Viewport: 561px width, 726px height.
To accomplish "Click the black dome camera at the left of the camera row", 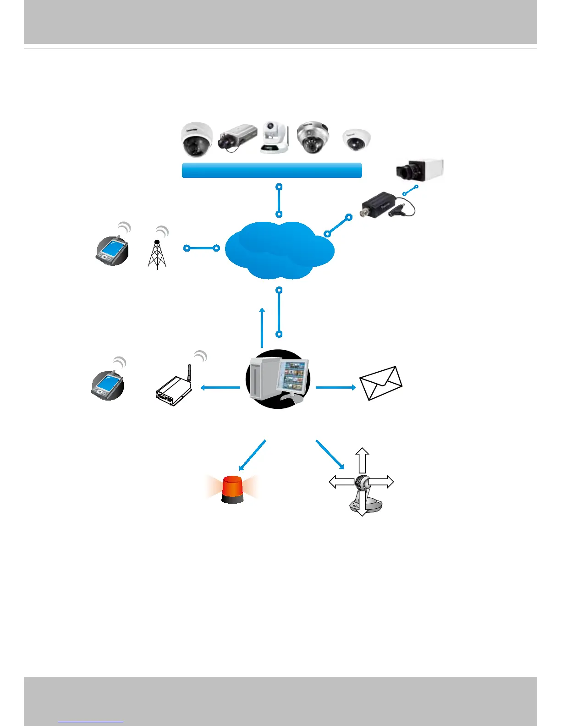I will (x=197, y=140).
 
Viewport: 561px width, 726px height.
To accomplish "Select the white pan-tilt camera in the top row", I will (x=275, y=137).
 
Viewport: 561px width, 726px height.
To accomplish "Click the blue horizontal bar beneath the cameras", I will (x=272, y=170).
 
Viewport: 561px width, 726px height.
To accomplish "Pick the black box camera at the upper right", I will (x=420, y=170).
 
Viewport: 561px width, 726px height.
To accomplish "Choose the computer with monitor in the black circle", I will (x=278, y=379).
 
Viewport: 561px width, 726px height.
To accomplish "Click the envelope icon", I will (x=381, y=383).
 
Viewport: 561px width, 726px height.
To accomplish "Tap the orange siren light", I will (x=232, y=489).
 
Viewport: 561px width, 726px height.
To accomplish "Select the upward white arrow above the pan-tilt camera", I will (x=362, y=460).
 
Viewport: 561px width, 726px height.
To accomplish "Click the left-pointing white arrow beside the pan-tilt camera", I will (x=341, y=482).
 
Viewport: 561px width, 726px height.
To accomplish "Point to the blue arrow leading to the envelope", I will (x=335, y=387).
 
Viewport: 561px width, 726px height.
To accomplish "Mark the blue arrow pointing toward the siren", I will (x=253, y=455).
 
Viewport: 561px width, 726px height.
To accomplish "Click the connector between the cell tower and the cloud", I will (x=202, y=248).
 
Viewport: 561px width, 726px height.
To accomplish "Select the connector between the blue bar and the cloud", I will (x=279, y=201).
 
